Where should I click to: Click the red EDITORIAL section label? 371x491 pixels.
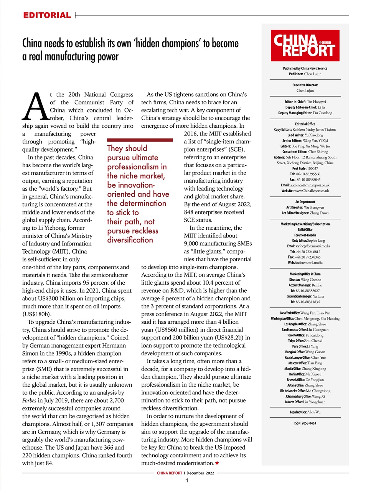pyautogui.click(x=47, y=15)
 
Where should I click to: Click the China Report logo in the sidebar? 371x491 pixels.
pyautogui.click(x=305, y=45)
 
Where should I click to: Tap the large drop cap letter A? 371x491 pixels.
pyautogui.click(x=35, y=106)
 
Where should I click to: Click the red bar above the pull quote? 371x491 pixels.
pyautogui.click(x=140, y=140)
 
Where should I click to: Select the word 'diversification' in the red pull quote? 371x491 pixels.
pyautogui.click(x=130, y=240)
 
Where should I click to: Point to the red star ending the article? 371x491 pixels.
pyautogui.click(x=217, y=463)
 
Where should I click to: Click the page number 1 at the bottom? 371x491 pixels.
pyautogui.click(x=186, y=481)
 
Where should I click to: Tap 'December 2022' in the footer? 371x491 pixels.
pyautogui.click(x=200, y=473)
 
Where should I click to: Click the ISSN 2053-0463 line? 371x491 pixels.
pyautogui.click(x=305, y=423)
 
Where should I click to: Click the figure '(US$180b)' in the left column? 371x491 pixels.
pyautogui.click(x=37, y=314)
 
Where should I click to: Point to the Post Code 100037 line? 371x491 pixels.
pyautogui.click(x=305, y=168)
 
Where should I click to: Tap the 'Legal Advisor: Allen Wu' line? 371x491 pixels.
pyautogui.click(x=305, y=412)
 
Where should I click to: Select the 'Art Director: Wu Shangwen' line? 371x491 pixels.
pyautogui.click(x=305, y=207)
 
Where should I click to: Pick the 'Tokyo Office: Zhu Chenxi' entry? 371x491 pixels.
pyautogui.click(x=305, y=341)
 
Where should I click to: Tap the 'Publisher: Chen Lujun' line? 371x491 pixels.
pyautogui.click(x=305, y=74)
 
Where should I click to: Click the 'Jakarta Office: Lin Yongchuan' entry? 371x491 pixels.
pyautogui.click(x=305, y=402)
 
